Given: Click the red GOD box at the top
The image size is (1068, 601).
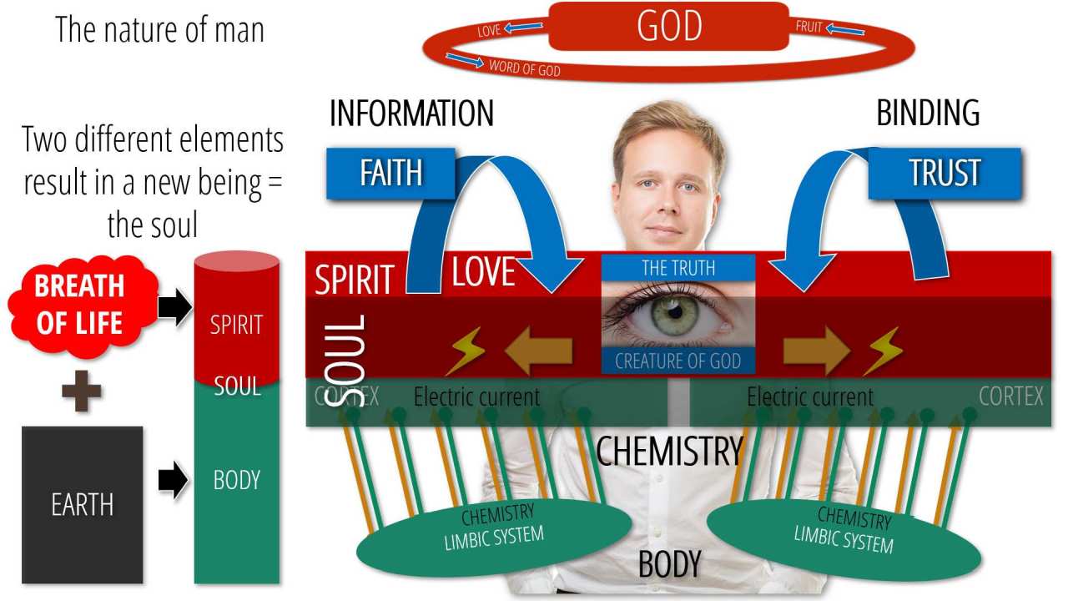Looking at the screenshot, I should point(668,26).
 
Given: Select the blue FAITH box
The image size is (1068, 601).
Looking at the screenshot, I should point(390,173).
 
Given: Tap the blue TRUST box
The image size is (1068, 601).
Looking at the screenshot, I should point(945,173).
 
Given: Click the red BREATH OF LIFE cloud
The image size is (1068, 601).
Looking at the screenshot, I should point(80,304).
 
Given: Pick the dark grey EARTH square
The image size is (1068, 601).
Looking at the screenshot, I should point(82,504).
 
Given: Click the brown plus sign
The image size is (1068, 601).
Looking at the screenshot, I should point(82,392).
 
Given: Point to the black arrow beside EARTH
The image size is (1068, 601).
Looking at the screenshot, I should point(173,482).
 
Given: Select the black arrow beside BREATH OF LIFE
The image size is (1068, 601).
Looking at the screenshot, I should point(174,308).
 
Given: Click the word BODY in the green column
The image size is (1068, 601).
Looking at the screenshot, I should point(236,480).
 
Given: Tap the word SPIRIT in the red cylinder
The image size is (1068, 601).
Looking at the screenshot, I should point(236,324).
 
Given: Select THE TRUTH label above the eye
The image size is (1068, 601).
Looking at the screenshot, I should point(678,267).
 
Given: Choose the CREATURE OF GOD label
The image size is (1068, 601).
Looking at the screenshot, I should point(678,361).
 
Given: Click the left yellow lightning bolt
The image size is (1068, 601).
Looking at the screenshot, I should point(466,351).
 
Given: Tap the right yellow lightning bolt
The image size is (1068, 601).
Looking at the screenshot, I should point(883,351).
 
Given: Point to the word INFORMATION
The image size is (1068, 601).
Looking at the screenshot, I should point(411,114).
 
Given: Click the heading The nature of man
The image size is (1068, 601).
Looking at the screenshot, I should point(159,30).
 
